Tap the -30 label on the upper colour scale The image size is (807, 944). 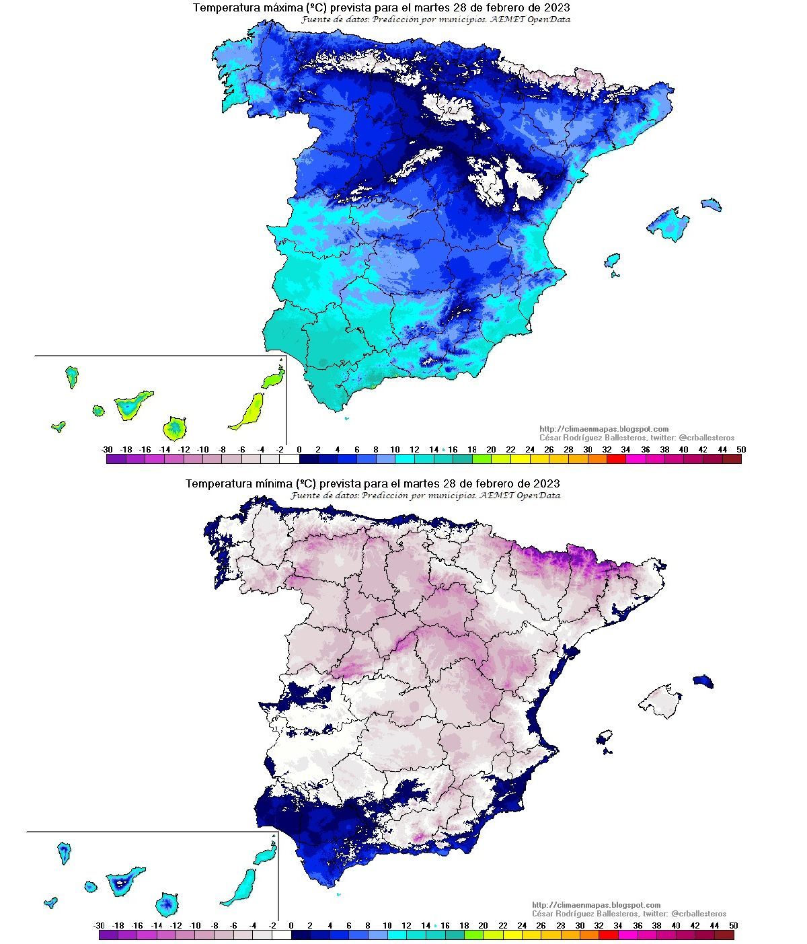(106, 450)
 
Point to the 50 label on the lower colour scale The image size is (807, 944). (733, 926)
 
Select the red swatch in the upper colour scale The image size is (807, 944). (616, 459)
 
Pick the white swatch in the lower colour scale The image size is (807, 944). (282, 935)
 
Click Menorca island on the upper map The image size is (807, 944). (712, 204)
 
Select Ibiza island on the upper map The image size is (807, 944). (612, 260)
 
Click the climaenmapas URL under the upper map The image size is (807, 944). (604, 429)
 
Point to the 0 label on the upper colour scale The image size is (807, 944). (299, 450)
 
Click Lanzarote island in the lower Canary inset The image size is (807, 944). (266, 855)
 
